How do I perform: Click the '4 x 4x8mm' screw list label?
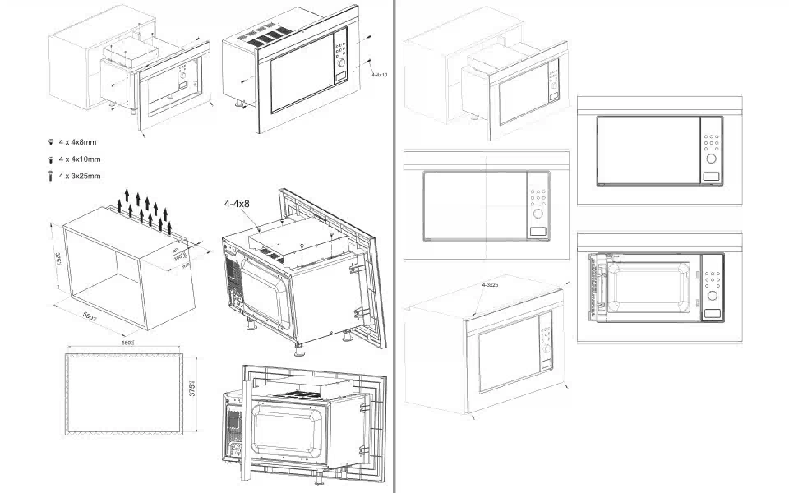click(77, 142)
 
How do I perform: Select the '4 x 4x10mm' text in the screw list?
click(79, 159)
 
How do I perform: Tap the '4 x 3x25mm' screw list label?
click(79, 176)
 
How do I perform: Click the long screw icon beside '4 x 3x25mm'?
click(51, 176)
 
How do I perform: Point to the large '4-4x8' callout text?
click(237, 204)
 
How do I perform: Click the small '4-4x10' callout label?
click(379, 75)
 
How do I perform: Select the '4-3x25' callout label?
click(490, 284)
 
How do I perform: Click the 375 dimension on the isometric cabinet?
click(58, 260)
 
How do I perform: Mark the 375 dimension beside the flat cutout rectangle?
click(192, 388)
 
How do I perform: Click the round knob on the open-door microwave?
click(713, 295)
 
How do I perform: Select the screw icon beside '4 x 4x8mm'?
click(51, 142)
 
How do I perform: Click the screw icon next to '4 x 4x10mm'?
click(51, 159)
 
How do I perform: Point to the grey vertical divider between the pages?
click(394, 246)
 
